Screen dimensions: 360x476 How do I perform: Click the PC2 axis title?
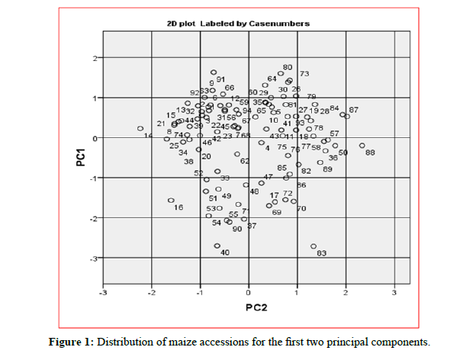[255, 307]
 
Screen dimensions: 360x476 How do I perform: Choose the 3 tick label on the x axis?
[394, 292]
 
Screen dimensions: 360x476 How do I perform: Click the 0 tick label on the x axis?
[249, 292]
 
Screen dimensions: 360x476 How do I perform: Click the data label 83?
[321, 253]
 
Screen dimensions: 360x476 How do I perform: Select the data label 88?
[370, 153]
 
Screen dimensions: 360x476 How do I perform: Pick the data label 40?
[225, 252]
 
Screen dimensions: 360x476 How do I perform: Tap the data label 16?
[178, 207]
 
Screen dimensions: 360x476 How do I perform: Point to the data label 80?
[288, 68]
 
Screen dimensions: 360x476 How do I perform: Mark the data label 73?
[304, 74]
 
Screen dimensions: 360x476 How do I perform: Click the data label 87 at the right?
[353, 110]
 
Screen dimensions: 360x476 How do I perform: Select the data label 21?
[161, 124]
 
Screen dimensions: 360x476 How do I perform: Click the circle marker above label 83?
[314, 246]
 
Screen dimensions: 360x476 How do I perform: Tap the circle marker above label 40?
[217, 246]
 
